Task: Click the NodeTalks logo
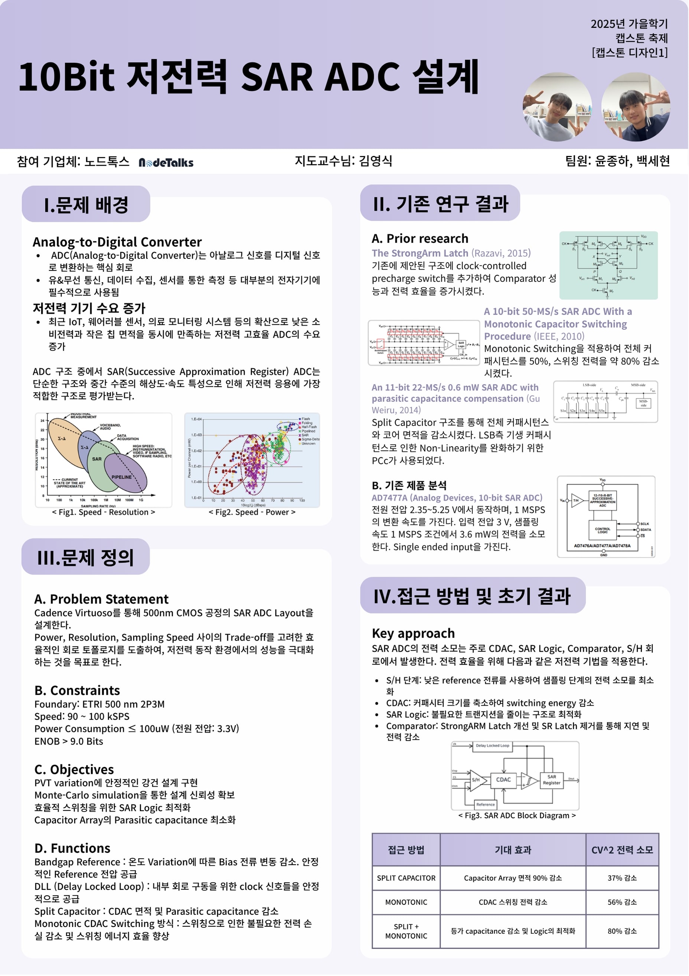pyautogui.click(x=166, y=162)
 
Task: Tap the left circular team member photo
pyautogui.click(x=556, y=107)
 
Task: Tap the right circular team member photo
pyautogui.click(x=636, y=107)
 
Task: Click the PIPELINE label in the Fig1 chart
pyautogui.click(x=121, y=477)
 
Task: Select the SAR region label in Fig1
pyautogui.click(x=97, y=459)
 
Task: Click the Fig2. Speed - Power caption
pyautogui.click(x=252, y=512)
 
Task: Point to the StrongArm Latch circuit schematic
pyautogui.click(x=608, y=265)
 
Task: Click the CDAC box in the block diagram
pyautogui.click(x=503, y=780)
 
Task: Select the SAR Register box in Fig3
pyautogui.click(x=551, y=780)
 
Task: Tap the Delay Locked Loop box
pyautogui.click(x=492, y=746)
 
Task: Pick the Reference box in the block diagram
pyautogui.click(x=485, y=804)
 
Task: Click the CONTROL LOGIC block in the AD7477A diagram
pyautogui.click(x=603, y=530)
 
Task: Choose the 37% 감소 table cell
pyautogui.click(x=622, y=878)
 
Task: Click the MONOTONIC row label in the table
pyautogui.click(x=406, y=902)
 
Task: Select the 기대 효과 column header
pyautogui.click(x=513, y=850)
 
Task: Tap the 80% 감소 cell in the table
pyautogui.click(x=622, y=931)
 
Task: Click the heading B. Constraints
pyautogui.click(x=77, y=690)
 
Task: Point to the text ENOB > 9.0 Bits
pyautogui.click(x=69, y=741)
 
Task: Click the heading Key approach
pyautogui.click(x=413, y=633)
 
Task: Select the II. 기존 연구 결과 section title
pyautogui.click(x=441, y=204)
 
